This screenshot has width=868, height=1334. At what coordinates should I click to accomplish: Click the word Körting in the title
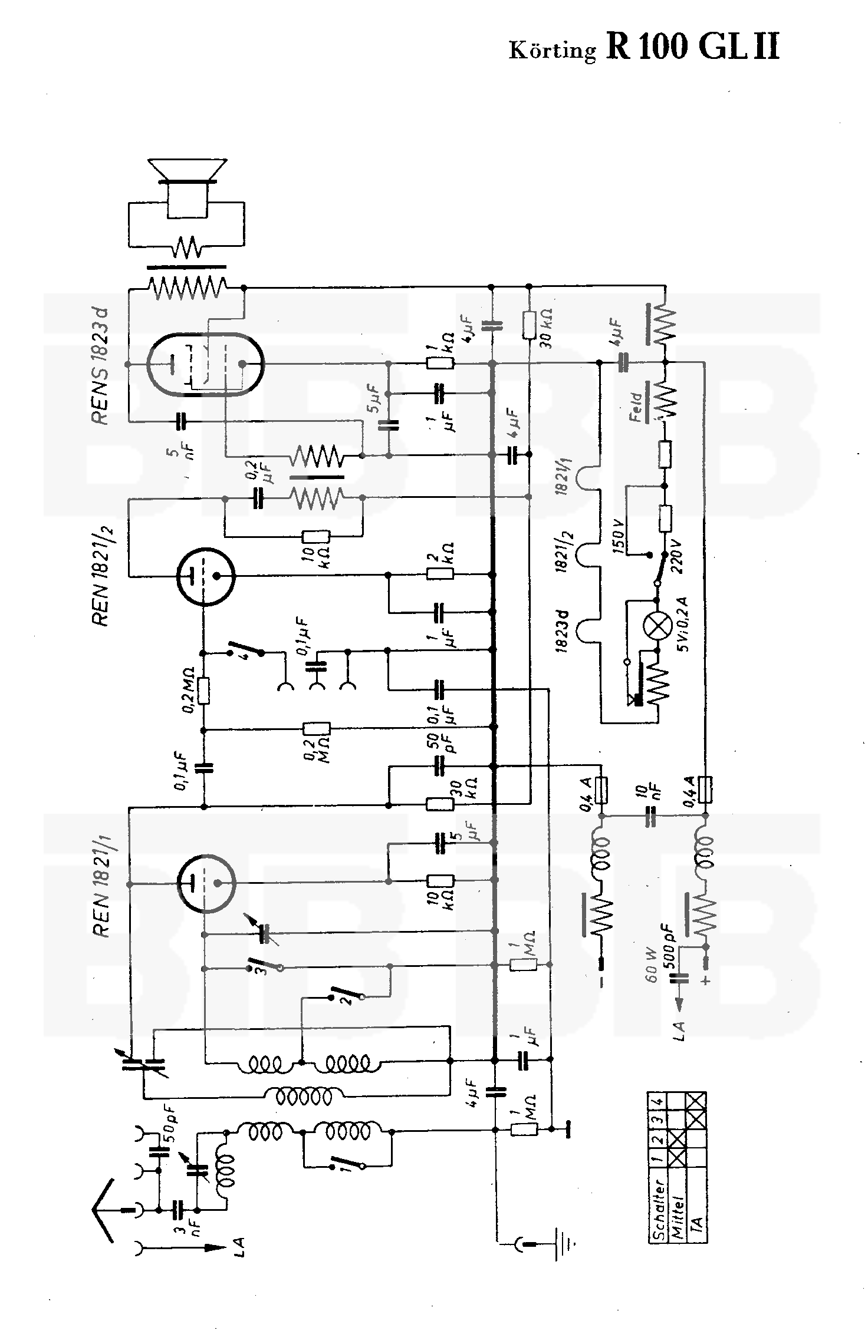pos(553,51)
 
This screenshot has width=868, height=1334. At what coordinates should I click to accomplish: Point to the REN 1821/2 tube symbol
pos(206,575)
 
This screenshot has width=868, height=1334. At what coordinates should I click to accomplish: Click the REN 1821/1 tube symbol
pos(206,882)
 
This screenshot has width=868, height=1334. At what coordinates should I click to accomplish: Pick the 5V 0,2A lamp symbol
pos(657,626)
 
